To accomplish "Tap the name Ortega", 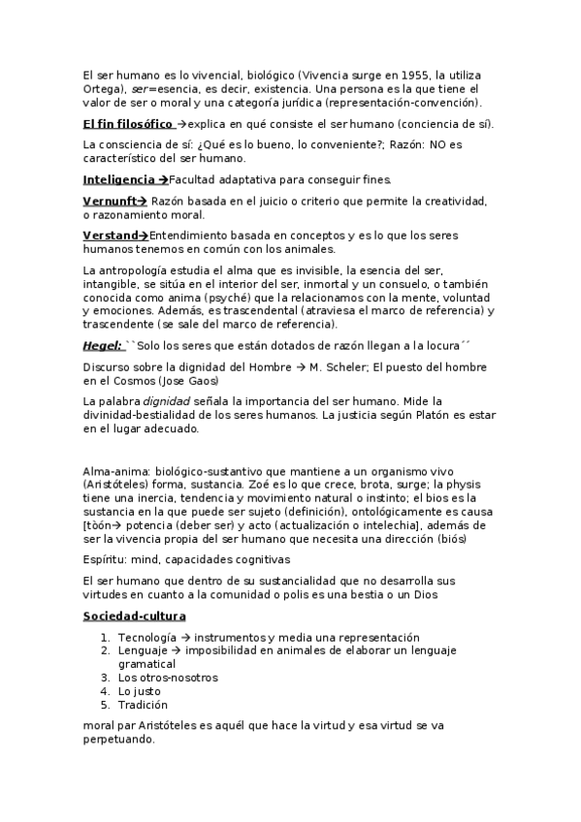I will (101, 88).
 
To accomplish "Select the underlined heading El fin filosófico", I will (128, 124).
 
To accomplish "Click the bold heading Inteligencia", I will (119, 179).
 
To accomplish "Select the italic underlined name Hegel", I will (102, 346).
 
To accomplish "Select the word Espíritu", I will (103, 559).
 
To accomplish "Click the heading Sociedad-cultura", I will (134, 616).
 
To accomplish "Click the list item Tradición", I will (143, 705).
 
